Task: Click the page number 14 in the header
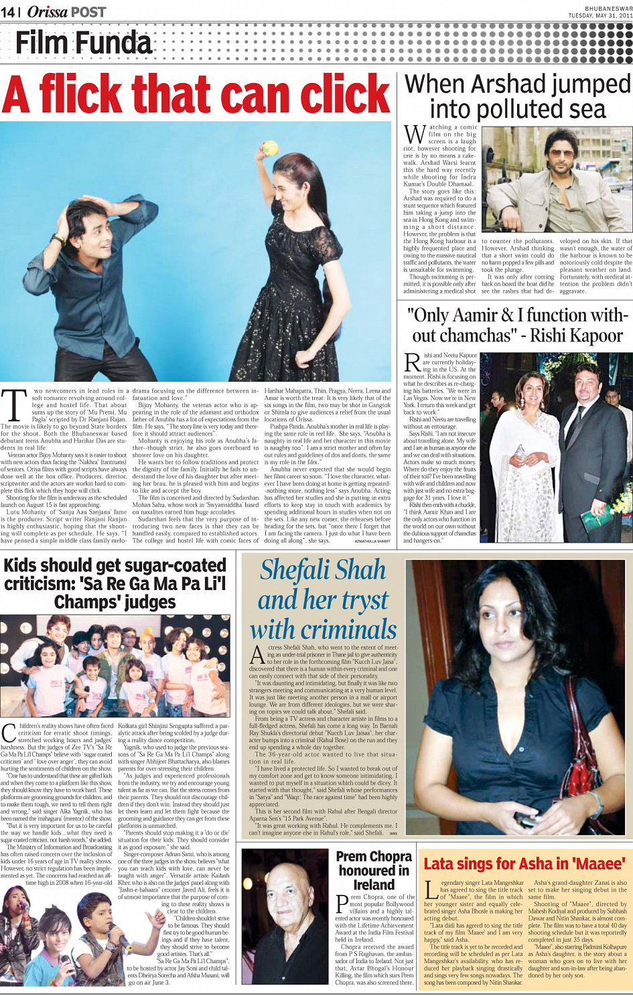click(x=9, y=11)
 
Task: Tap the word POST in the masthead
click(x=88, y=11)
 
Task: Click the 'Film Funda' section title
click(x=84, y=43)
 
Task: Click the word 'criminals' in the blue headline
click(x=323, y=630)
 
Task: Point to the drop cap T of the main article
click(x=13, y=405)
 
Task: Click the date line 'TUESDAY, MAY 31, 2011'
click(x=600, y=15)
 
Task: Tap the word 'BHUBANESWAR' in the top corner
click(x=608, y=8)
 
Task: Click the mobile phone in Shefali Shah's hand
click(x=526, y=820)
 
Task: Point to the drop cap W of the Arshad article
click(x=415, y=134)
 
